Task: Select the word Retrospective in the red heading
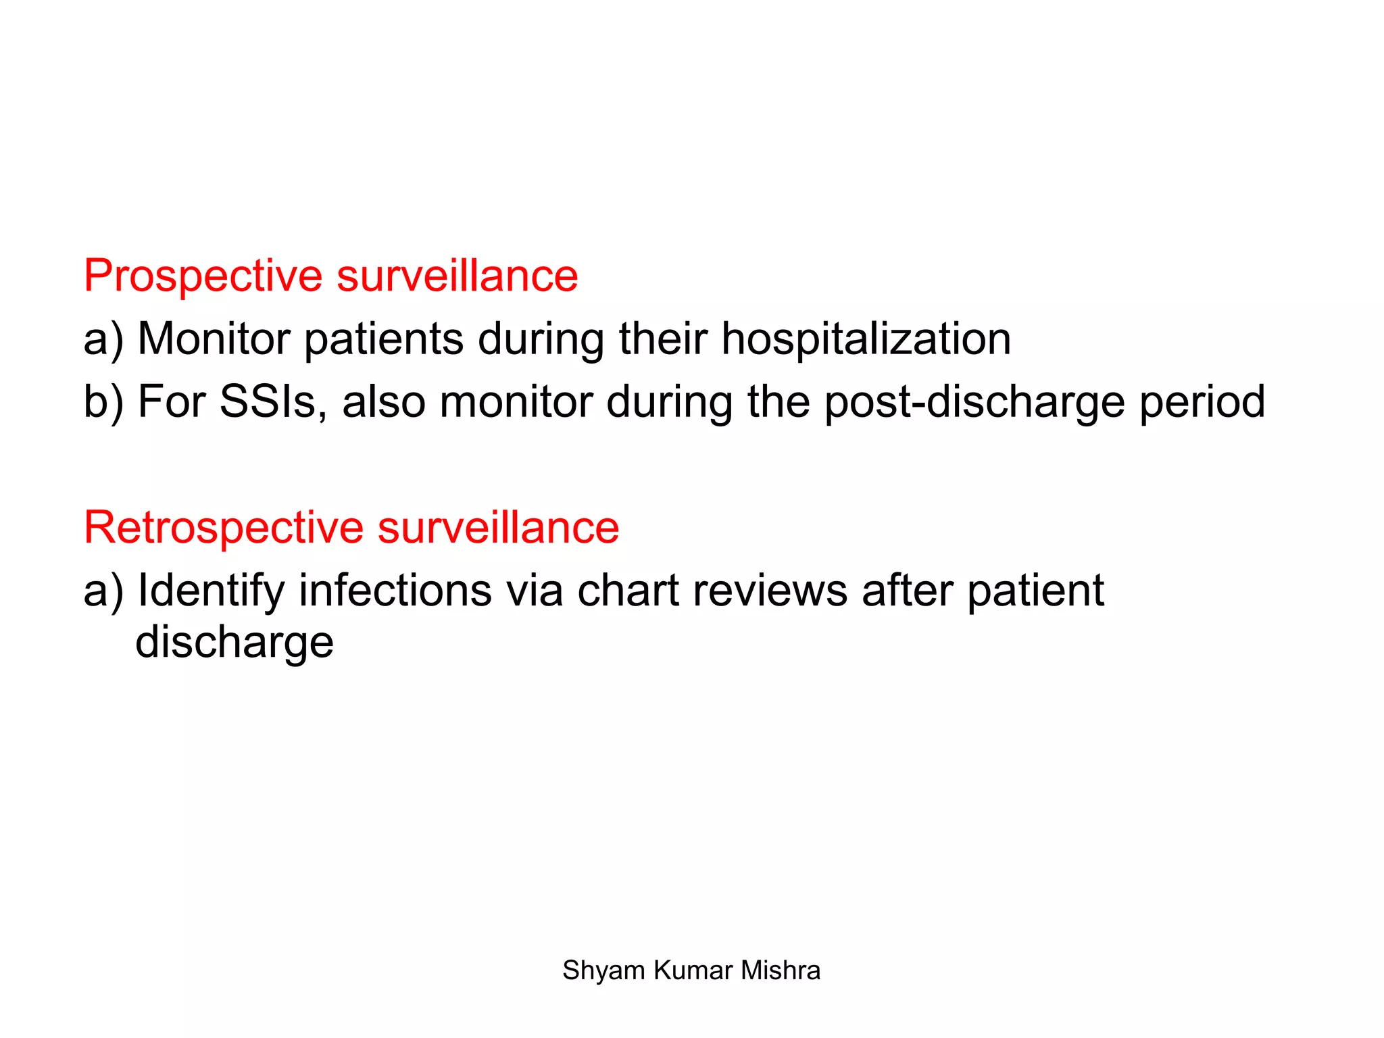point(224,528)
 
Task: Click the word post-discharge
point(974,403)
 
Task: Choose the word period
point(1202,403)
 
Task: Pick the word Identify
point(211,591)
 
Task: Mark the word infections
point(395,591)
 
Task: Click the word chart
point(628,591)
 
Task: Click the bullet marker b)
point(103,403)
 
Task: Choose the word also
point(384,401)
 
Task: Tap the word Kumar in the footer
point(693,970)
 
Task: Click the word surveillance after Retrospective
point(498,528)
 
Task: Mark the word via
point(535,591)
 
